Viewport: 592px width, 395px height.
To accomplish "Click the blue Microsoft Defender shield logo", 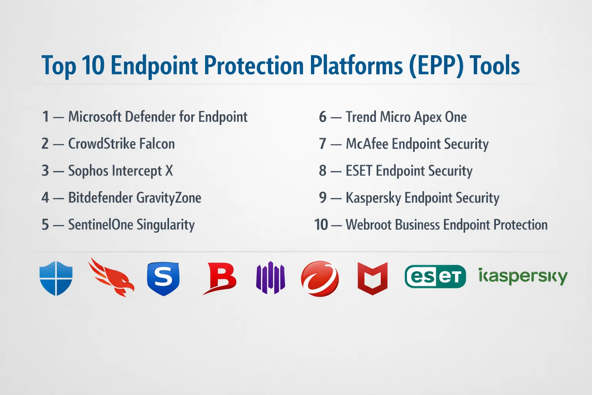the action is pyautogui.click(x=56, y=278).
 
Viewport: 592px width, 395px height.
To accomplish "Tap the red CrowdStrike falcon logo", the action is pyautogui.click(x=111, y=277).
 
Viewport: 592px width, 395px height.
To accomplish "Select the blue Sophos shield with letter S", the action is pyautogui.click(x=163, y=279).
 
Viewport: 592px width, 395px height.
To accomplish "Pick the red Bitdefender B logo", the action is pyautogui.click(x=220, y=278).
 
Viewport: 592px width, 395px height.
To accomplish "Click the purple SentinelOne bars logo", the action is pyautogui.click(x=270, y=277).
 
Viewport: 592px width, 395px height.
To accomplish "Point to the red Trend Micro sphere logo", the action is pyautogui.click(x=320, y=279).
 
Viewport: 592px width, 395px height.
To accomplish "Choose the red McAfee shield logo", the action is pyautogui.click(x=372, y=279).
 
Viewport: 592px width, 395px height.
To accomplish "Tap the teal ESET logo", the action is pyautogui.click(x=435, y=277).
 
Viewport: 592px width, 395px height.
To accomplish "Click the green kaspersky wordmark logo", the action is pyautogui.click(x=523, y=277).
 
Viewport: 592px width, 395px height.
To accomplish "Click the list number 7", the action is pyautogui.click(x=323, y=144).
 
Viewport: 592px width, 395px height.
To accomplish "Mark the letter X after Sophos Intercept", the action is pyautogui.click(x=169, y=170).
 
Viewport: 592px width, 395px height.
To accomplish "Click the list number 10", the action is pyautogui.click(x=321, y=225).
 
